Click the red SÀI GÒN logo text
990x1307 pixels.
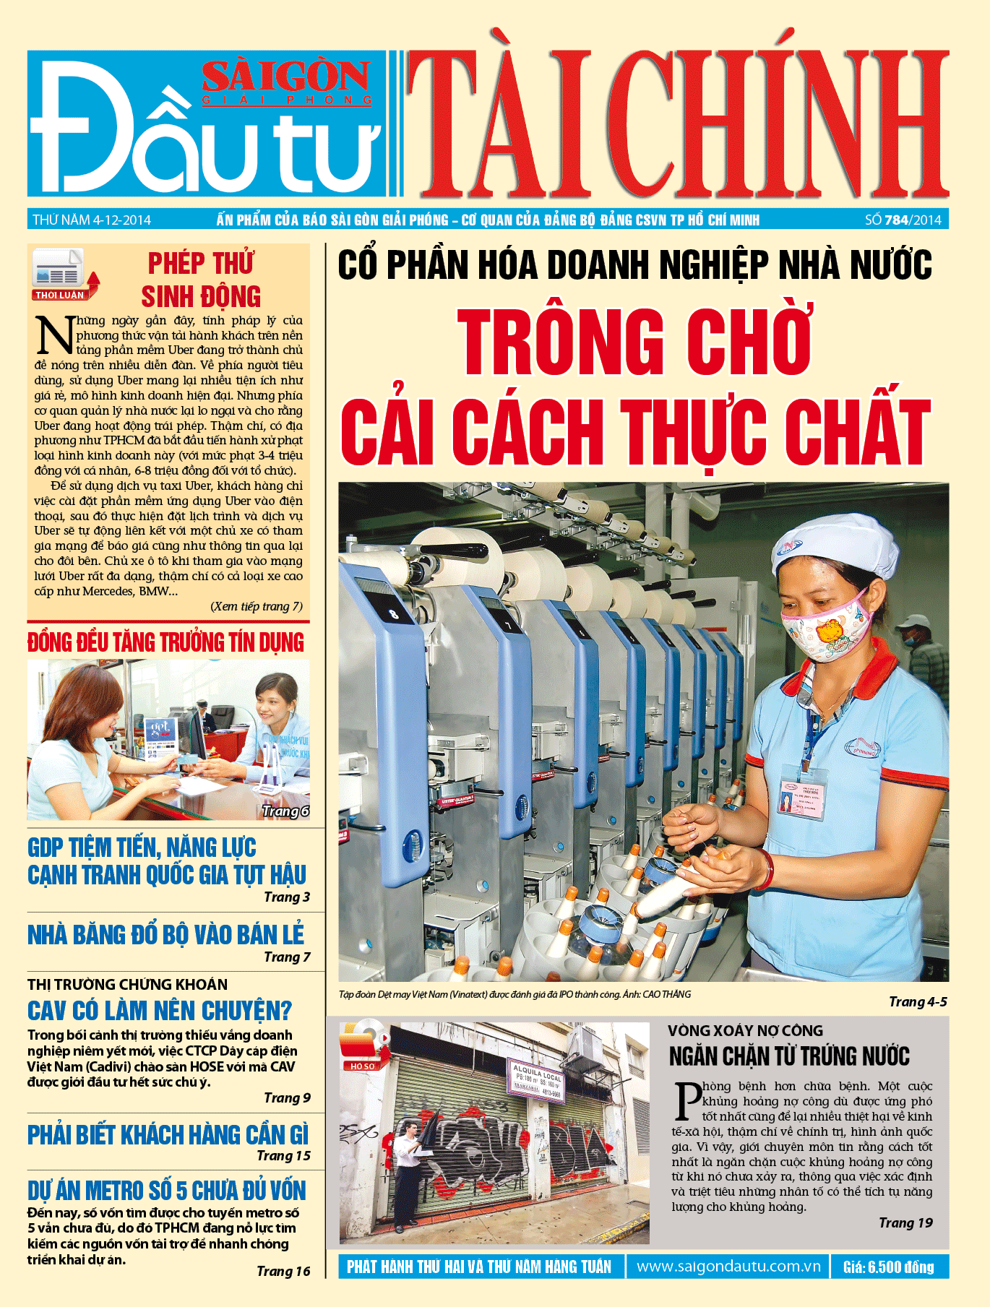coord(286,77)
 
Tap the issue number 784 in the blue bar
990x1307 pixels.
coord(896,220)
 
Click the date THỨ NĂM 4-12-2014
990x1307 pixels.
coord(92,220)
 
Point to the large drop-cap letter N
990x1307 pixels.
coord(54,336)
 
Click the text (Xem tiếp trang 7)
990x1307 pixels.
coord(257,606)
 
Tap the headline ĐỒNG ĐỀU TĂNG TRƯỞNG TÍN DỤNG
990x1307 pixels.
coord(166,642)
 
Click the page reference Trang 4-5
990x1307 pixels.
coord(918,1001)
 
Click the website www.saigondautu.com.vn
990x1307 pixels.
coord(728,1267)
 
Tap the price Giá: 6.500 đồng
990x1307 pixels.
coord(888,1267)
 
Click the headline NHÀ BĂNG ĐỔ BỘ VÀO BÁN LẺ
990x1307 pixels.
coord(166,935)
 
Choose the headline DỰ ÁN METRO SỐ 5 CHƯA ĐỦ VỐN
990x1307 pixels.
coord(167,1191)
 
